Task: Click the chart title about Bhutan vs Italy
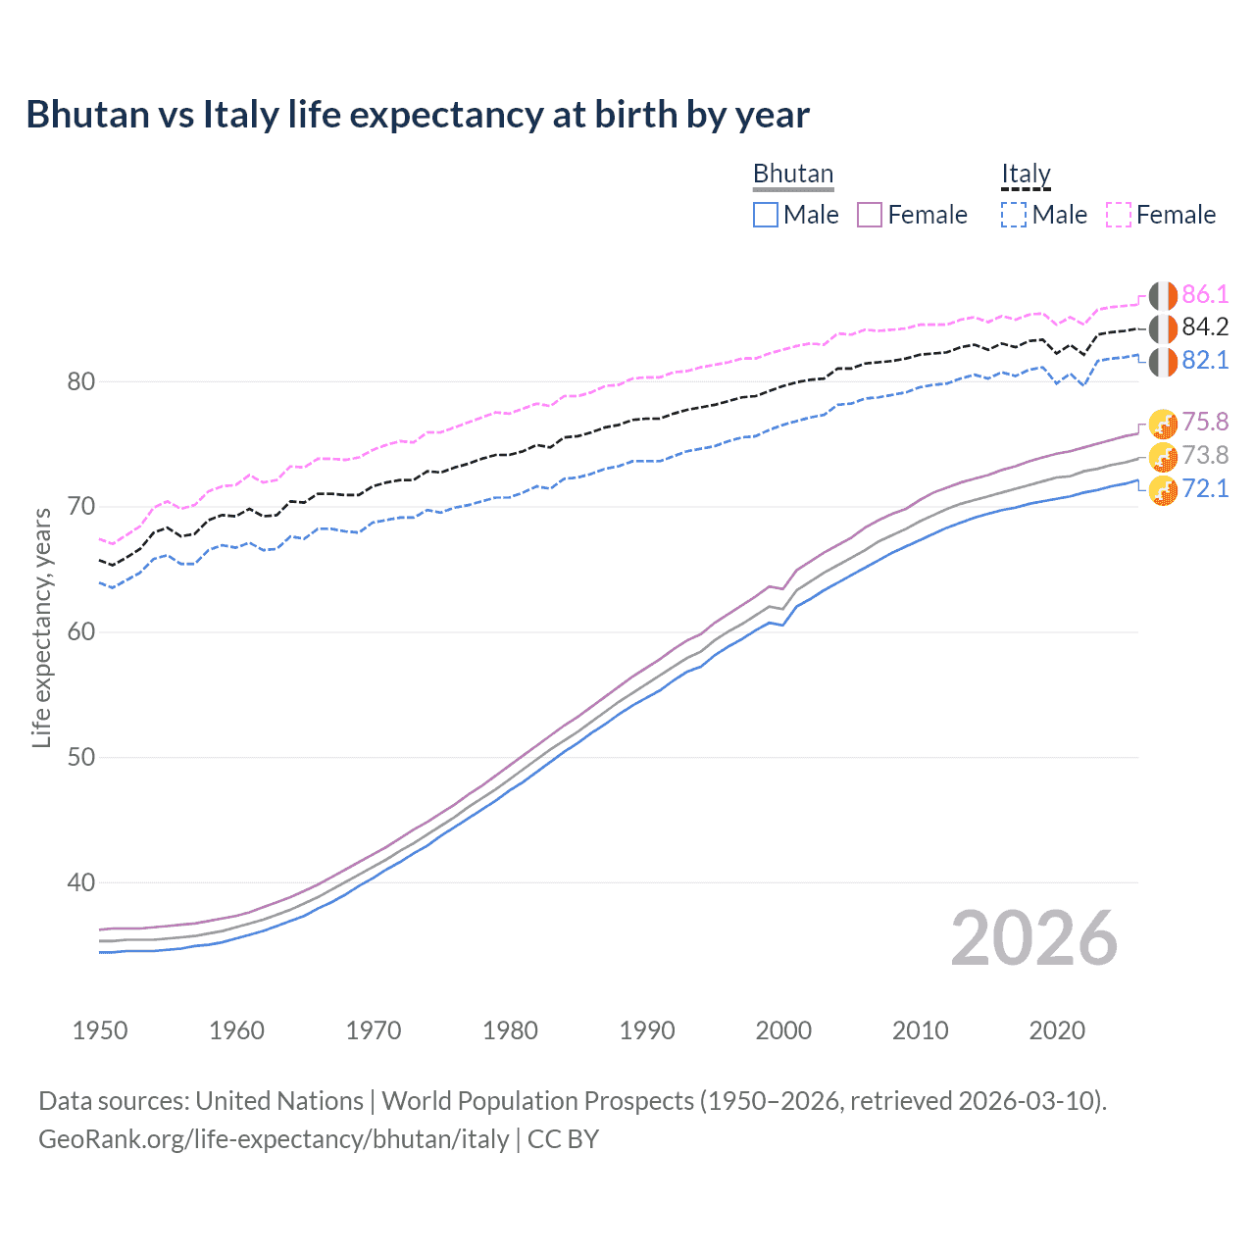click(x=418, y=115)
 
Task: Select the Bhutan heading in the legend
click(x=792, y=174)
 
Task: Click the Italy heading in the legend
click(x=1026, y=174)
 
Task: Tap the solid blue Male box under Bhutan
click(x=766, y=215)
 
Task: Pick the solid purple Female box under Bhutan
click(x=870, y=215)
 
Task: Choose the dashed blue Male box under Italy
click(x=1014, y=215)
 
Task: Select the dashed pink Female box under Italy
click(x=1119, y=215)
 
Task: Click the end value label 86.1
click(x=1205, y=294)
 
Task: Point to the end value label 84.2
click(x=1205, y=327)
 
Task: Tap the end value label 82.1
click(x=1205, y=360)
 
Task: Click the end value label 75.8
click(x=1205, y=422)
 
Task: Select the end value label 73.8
click(x=1205, y=455)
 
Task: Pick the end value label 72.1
click(x=1205, y=488)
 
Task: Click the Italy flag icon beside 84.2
click(x=1163, y=328)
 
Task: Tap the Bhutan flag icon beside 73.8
click(x=1163, y=456)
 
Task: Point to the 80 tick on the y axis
click(x=80, y=381)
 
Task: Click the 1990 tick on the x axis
click(x=647, y=1030)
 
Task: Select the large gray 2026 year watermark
click(x=1034, y=938)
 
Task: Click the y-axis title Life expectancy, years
click(x=41, y=628)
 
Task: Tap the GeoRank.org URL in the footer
click(x=274, y=1139)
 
